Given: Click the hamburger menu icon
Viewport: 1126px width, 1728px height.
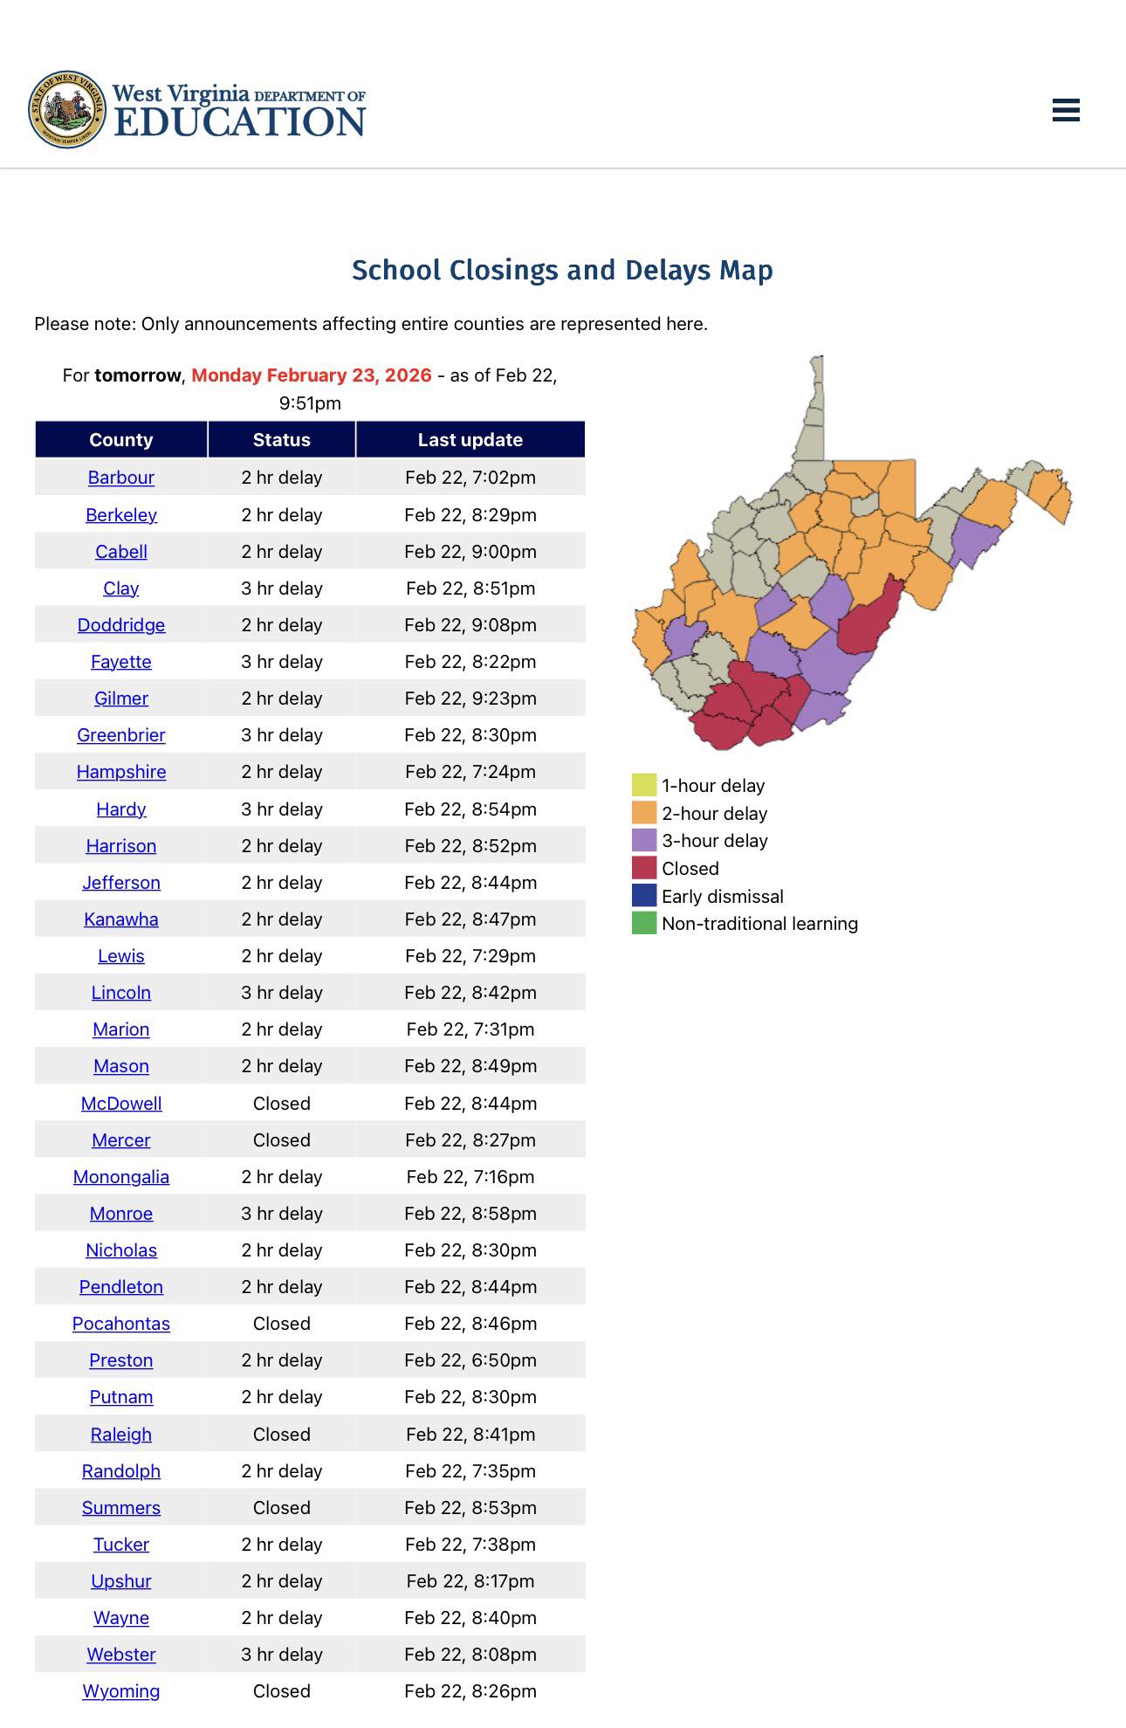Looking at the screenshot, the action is (1066, 110).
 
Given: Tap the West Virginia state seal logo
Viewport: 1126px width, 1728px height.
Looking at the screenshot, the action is (67, 109).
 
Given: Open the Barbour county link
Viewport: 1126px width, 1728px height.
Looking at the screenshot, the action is (121, 478).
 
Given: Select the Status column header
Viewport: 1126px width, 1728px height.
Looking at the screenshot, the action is (282, 440).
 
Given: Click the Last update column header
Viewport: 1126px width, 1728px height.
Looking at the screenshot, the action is (470, 440).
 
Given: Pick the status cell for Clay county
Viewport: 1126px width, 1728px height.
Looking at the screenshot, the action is (282, 589).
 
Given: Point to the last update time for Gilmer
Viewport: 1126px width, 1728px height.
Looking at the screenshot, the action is (470, 699).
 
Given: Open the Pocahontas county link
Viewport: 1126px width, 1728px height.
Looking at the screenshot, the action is (121, 1324).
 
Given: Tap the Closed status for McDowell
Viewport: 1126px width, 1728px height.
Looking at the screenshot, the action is (282, 1104).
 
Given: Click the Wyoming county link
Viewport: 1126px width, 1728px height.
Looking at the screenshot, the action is (121, 1691).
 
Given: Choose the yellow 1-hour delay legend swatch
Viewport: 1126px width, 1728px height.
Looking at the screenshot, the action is (644, 785).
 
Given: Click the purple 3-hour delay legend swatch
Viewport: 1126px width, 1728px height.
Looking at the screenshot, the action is (644, 840).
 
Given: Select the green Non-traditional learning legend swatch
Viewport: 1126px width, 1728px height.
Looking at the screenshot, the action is (644, 923).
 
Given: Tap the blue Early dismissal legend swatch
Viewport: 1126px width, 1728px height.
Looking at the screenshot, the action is (644, 896).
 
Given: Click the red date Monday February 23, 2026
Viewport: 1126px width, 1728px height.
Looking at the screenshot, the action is (312, 375).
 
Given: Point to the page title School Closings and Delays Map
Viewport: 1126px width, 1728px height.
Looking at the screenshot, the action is (562, 271).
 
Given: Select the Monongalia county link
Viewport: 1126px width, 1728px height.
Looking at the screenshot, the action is (121, 1177).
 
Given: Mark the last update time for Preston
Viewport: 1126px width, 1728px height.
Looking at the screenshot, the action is (470, 1360).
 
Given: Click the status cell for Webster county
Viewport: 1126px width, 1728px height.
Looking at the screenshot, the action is (282, 1655).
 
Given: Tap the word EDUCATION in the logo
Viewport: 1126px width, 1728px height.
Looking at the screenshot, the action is (240, 122).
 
